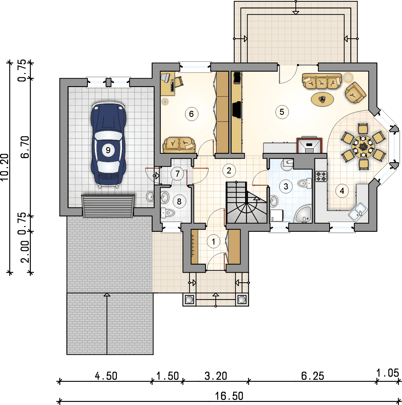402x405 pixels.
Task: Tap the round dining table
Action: pyautogui.click(x=363, y=146)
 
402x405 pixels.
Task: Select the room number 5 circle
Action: pyautogui.click(x=282, y=112)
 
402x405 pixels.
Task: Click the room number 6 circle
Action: pyautogui.click(x=191, y=114)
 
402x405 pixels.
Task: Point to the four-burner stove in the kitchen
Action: pyautogui.click(x=321, y=176)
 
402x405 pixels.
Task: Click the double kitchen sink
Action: pyautogui.click(x=358, y=212)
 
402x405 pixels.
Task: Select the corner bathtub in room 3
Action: pyautogui.click(x=303, y=214)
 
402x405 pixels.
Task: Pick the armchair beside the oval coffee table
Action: pyautogui.click(x=356, y=93)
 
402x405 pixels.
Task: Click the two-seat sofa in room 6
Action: pyautogui.click(x=179, y=145)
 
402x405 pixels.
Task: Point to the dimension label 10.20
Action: pyautogui.click(x=5, y=167)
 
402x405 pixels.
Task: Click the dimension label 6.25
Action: pyautogui.click(x=312, y=376)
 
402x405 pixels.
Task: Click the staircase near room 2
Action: pyautogui.click(x=247, y=202)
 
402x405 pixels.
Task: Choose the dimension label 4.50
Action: pyautogui.click(x=106, y=376)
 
